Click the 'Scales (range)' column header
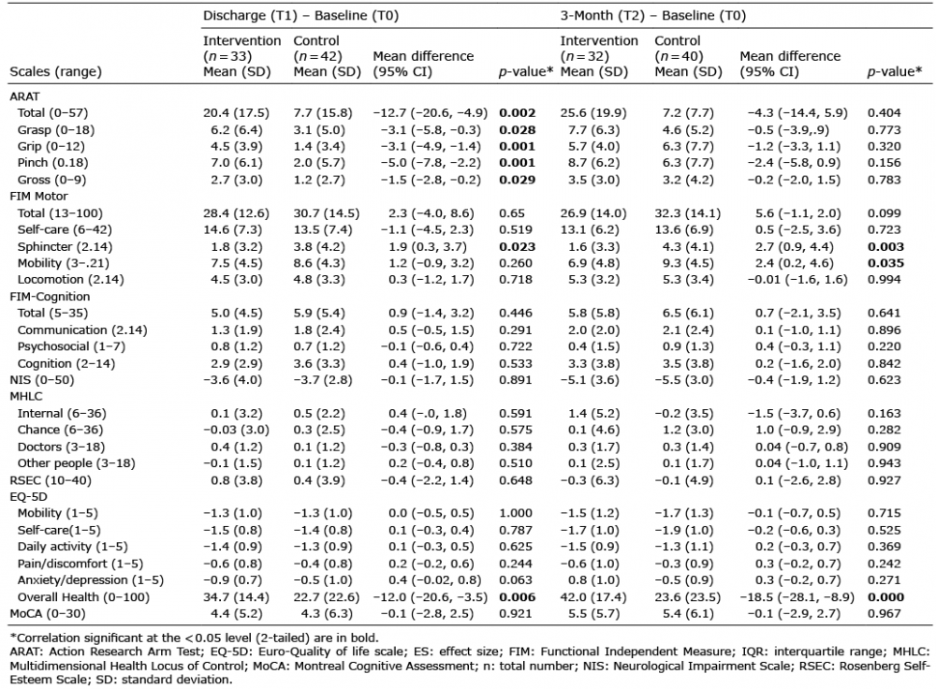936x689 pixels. pos(55,72)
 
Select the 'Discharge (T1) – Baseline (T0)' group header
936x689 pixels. pos(300,16)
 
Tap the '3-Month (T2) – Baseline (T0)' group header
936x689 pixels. pos(652,16)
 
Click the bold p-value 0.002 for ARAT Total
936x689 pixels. pos(517,113)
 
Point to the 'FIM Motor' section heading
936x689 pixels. pos(38,197)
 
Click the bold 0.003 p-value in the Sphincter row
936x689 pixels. pos(885,246)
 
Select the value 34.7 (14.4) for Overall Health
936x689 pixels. pos(236,597)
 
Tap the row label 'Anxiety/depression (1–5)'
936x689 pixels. pos(90,580)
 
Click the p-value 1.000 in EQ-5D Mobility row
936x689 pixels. pos(516,513)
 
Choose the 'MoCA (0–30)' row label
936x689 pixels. pos(47,614)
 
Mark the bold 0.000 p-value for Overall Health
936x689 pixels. pos(885,597)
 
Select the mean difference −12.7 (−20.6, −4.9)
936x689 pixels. pos(430,113)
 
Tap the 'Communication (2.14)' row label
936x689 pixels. pos(81,330)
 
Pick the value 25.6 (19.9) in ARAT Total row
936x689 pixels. pos(592,113)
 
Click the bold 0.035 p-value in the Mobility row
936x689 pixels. pos(885,263)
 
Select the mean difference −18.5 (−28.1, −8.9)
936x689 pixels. pos(797,597)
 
